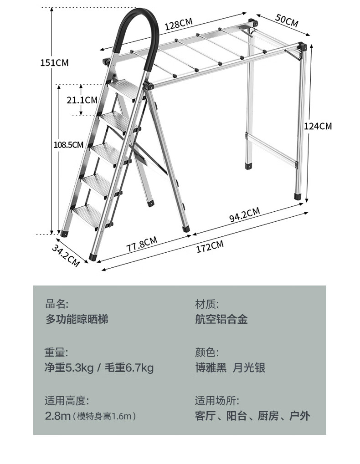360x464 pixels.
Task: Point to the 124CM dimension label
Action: click(x=318, y=126)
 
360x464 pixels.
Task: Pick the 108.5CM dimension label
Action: click(x=68, y=145)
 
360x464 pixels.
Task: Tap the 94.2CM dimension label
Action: click(x=244, y=214)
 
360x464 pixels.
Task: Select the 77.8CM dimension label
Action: click(x=142, y=245)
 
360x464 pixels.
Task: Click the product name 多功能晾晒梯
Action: click(x=77, y=319)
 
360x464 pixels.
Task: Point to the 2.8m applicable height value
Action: click(x=58, y=416)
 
